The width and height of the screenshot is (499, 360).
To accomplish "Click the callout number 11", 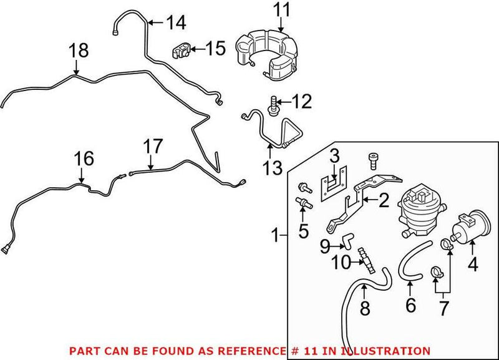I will (281, 10).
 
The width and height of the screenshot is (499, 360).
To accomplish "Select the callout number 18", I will (79, 51).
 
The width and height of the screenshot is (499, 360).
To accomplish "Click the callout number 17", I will (153, 147).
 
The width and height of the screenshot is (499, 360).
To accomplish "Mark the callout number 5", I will (303, 231).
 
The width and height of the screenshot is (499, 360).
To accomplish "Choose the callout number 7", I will (444, 308).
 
